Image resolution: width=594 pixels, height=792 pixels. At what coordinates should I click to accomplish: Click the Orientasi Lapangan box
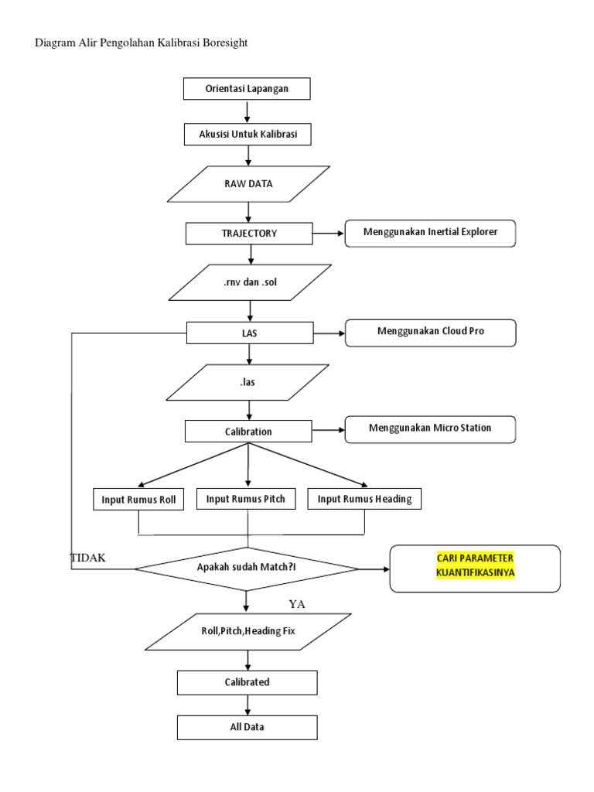(x=247, y=89)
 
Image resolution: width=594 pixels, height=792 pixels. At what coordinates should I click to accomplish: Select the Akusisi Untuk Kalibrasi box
(x=247, y=134)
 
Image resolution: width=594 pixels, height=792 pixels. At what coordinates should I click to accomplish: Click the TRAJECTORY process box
(x=248, y=232)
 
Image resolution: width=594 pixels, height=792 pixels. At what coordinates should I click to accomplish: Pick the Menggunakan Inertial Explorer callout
(x=430, y=232)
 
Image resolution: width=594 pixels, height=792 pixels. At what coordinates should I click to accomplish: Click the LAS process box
(x=248, y=333)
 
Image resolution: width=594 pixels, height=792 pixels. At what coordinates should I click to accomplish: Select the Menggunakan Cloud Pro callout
(x=430, y=333)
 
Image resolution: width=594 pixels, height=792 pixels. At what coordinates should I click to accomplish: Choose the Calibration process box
(x=248, y=431)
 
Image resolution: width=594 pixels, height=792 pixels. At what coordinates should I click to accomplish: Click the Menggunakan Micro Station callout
(x=430, y=428)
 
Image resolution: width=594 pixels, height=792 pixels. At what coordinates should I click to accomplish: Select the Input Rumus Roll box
(x=138, y=500)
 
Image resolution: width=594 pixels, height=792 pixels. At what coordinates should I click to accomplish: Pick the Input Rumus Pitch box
(x=246, y=499)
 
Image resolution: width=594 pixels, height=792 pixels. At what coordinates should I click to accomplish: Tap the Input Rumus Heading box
(x=365, y=500)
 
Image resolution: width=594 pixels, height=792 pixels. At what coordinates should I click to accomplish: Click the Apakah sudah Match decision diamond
(x=247, y=568)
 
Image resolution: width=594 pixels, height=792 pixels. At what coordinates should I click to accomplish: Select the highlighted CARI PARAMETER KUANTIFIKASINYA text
(x=475, y=565)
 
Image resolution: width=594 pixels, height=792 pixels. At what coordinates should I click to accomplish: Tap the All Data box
(x=247, y=727)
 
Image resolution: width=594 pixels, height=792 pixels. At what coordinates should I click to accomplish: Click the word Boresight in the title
(x=220, y=43)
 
